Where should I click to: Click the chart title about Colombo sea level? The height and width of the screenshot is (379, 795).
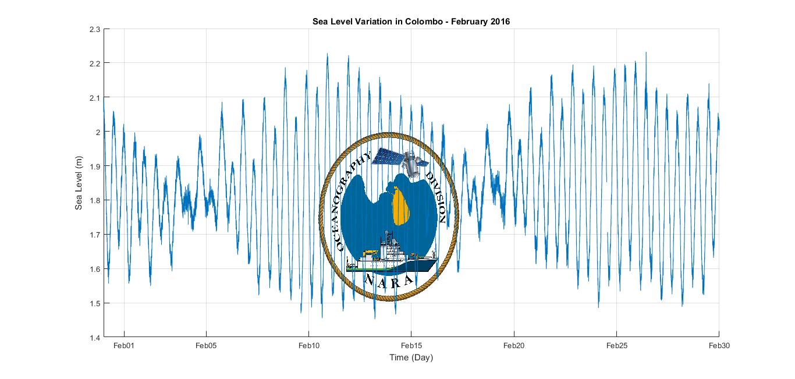coord(411,22)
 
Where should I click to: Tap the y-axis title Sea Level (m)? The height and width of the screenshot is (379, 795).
coord(79,183)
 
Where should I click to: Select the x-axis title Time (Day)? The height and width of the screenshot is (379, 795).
coord(411,357)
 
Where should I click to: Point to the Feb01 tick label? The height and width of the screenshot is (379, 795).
coord(124,346)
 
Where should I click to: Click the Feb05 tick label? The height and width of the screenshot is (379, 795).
coord(206,346)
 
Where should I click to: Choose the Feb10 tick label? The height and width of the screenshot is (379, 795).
coord(308,346)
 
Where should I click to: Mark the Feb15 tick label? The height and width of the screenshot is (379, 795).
coord(411,346)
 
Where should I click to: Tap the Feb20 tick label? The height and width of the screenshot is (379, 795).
coord(513,346)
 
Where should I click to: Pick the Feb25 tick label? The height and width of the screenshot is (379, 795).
coord(616,346)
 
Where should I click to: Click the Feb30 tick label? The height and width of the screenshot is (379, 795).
coord(719,346)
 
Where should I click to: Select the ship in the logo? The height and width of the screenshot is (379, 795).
coord(391,257)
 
